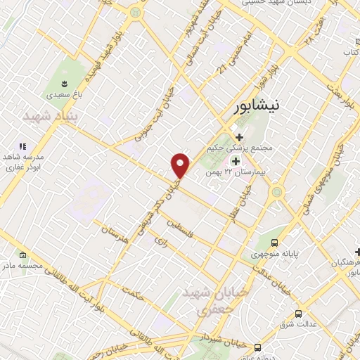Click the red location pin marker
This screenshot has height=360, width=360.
(x=181, y=165)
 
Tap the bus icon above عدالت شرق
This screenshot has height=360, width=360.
(x=298, y=314)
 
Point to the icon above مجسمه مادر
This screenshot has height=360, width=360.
(x=23, y=255)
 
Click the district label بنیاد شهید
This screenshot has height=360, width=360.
(x=48, y=115)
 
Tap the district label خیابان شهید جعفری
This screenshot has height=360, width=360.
(x=206, y=300)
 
